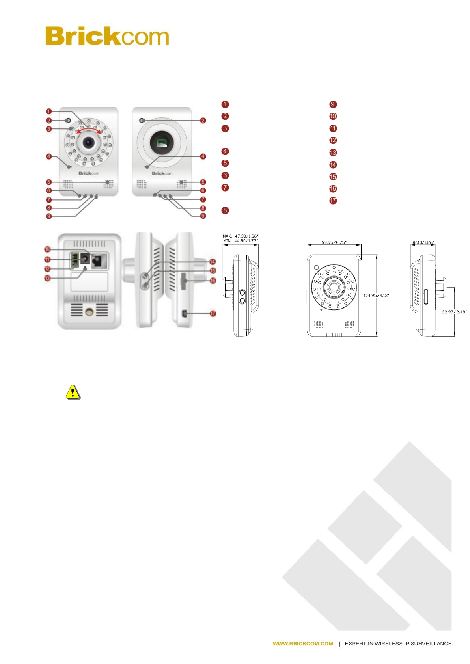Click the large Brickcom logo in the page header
(x=107, y=36)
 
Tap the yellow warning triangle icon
(x=73, y=392)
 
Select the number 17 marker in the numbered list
(x=333, y=201)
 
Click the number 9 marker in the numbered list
(x=333, y=104)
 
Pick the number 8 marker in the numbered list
(x=225, y=210)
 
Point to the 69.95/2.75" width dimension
(x=334, y=242)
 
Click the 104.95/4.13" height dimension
(x=376, y=295)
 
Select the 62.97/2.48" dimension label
(x=454, y=312)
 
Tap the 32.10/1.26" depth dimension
(x=422, y=242)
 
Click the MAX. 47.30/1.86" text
(x=240, y=236)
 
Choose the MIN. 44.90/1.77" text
(x=240, y=240)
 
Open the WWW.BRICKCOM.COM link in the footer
(x=303, y=644)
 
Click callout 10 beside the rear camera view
(x=48, y=249)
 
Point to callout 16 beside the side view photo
(x=213, y=281)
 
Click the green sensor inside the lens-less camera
(x=161, y=143)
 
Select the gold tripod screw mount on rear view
(x=89, y=312)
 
